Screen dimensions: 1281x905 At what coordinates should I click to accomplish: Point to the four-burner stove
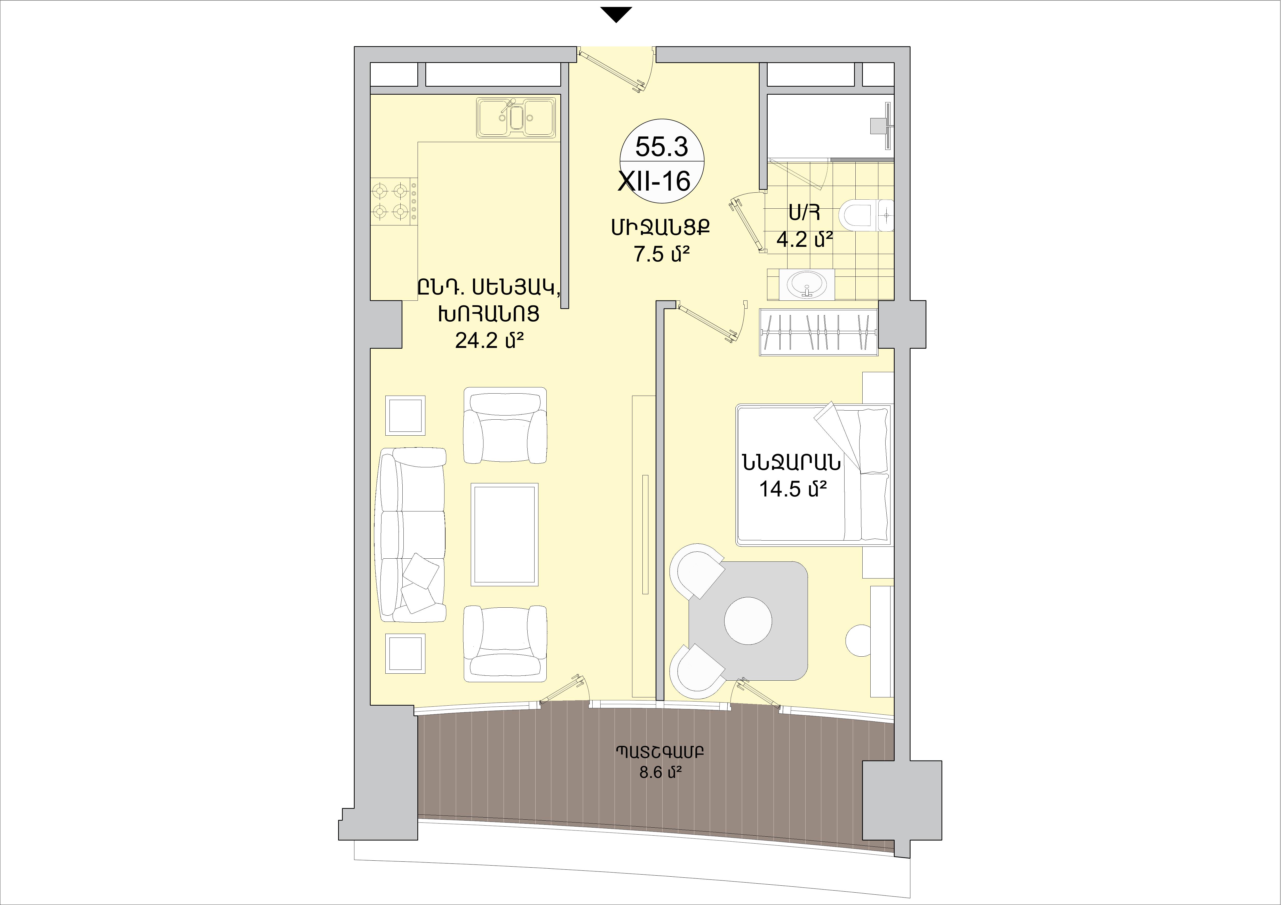pyautogui.click(x=394, y=202)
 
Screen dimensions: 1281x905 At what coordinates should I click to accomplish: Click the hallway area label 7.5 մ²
pyautogui.click(x=661, y=254)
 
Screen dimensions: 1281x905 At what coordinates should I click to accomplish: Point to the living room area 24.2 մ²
pyautogui.click(x=489, y=340)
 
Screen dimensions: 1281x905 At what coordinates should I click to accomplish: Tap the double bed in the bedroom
pyautogui.click(x=813, y=474)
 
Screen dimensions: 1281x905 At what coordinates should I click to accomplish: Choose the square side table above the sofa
pyautogui.click(x=405, y=415)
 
